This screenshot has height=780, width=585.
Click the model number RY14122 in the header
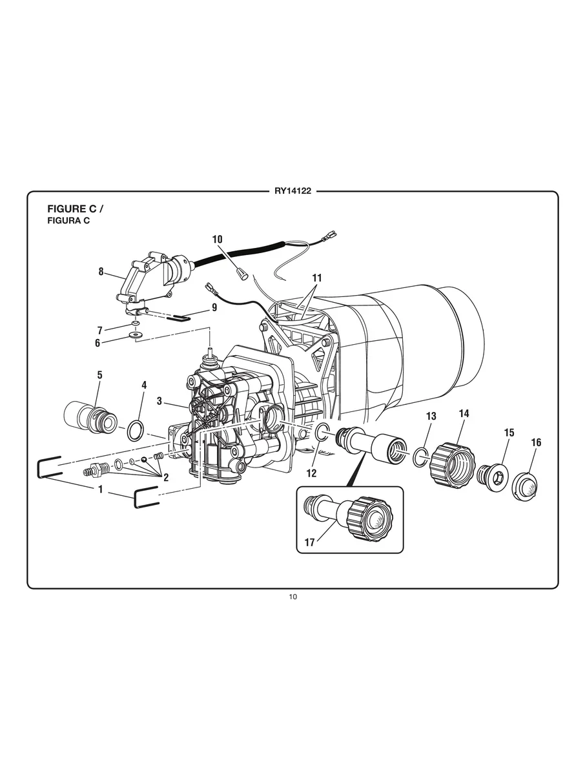click(292, 191)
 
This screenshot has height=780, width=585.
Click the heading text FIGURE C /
click(75, 209)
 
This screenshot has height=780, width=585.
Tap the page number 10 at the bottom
click(292, 597)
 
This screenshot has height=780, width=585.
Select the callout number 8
click(101, 272)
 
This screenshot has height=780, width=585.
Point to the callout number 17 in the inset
click(310, 542)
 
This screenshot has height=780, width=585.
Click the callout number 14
click(464, 413)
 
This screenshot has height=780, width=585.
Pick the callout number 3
click(159, 401)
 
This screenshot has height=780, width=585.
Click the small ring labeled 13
click(420, 457)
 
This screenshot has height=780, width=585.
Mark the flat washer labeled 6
click(136, 336)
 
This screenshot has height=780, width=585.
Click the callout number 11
click(316, 278)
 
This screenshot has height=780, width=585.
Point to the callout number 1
click(101, 489)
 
